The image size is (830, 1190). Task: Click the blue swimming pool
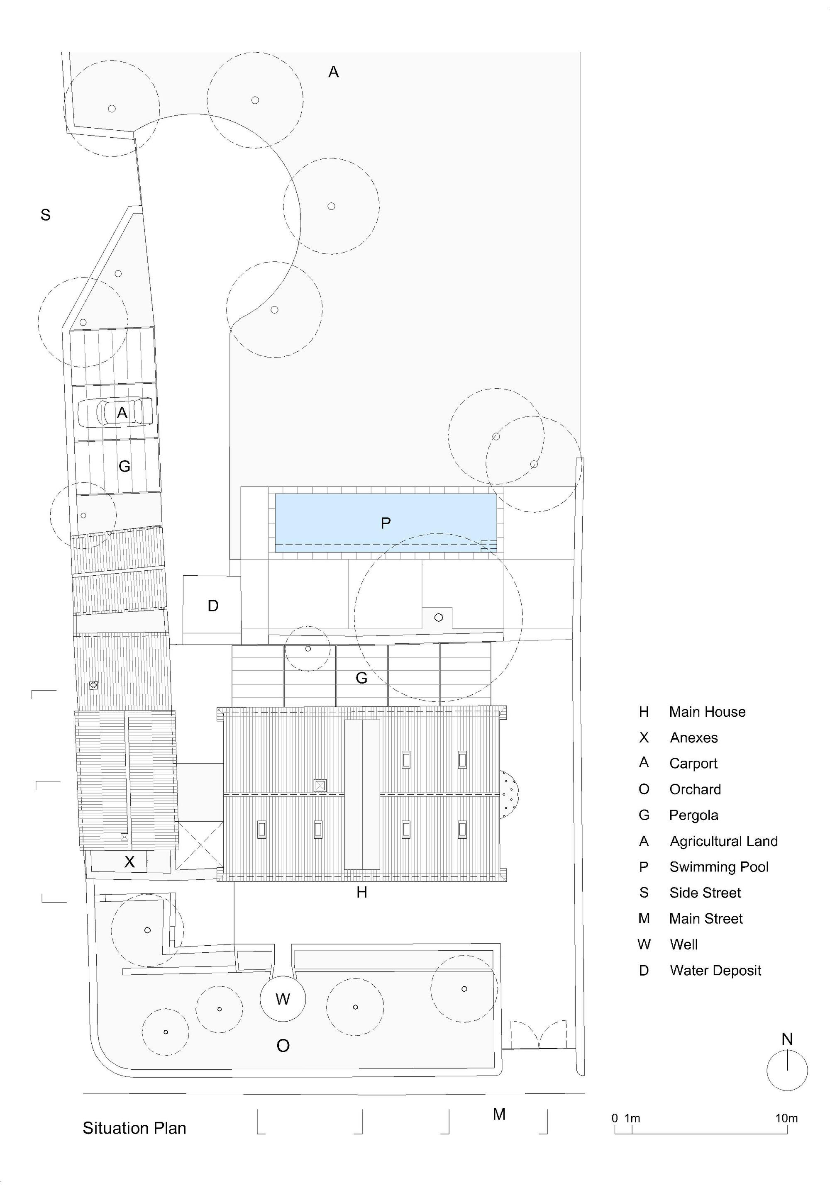pos(385,523)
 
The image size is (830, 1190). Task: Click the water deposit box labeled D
pos(212,605)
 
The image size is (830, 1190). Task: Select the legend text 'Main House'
pos(707,712)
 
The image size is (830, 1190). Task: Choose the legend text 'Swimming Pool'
pos(718,866)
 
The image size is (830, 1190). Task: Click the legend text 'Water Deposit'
pos(715,970)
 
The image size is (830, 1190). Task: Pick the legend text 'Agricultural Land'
pos(723,841)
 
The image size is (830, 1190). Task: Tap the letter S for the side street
pos(46,214)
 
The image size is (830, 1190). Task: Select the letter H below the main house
pos(362,892)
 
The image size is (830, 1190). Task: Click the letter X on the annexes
pos(129,861)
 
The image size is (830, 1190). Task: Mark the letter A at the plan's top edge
pos(333,72)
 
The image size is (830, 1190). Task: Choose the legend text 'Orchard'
pos(695,789)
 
